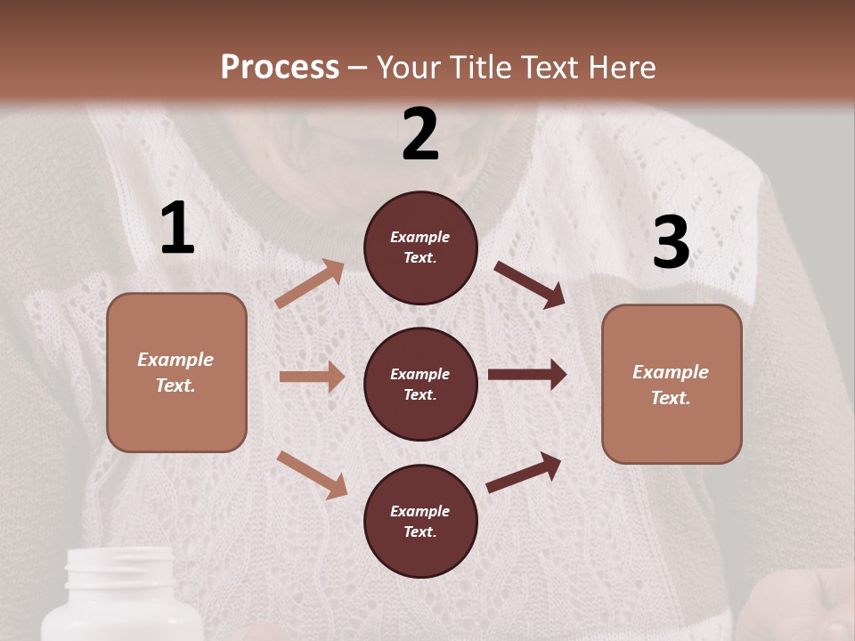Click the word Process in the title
pos(280,68)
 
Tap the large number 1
pos(177,229)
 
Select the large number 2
pos(420,134)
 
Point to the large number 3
pos(672,242)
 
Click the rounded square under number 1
pos(176,372)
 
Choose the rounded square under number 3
pos(672,384)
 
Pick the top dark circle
pos(420,247)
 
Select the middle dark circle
pos(420,384)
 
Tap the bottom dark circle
pos(420,521)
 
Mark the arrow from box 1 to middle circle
pos(312,377)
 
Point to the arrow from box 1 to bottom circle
pos(312,474)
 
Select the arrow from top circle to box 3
pos(530,284)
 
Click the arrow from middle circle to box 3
pos(527,374)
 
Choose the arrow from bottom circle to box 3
pos(525,473)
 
